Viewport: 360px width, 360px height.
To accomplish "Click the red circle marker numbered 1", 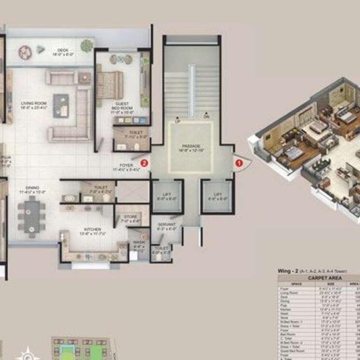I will point(238,163).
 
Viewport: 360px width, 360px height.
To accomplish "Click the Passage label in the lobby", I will point(190,147).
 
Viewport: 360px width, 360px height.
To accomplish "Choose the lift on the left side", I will point(167,196).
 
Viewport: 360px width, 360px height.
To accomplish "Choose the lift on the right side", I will point(217,196).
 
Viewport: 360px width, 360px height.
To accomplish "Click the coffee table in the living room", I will point(61,105).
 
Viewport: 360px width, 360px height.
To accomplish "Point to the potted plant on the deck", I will point(87,46).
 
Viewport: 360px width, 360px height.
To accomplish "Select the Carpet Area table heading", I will point(318,278).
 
